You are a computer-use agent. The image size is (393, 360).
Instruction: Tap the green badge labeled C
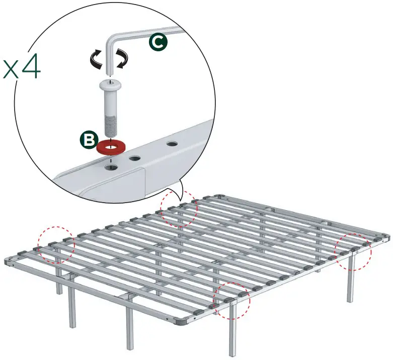(x=158, y=43)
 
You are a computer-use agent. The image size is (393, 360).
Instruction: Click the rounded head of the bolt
(x=110, y=83)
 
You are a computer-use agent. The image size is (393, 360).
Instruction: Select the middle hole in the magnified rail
(x=135, y=158)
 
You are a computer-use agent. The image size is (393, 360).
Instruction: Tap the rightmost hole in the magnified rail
(x=173, y=144)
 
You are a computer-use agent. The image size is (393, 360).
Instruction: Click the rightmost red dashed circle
(x=354, y=251)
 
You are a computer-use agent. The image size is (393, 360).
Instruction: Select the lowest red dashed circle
(x=232, y=300)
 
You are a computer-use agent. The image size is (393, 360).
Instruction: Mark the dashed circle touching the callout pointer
(x=179, y=209)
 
